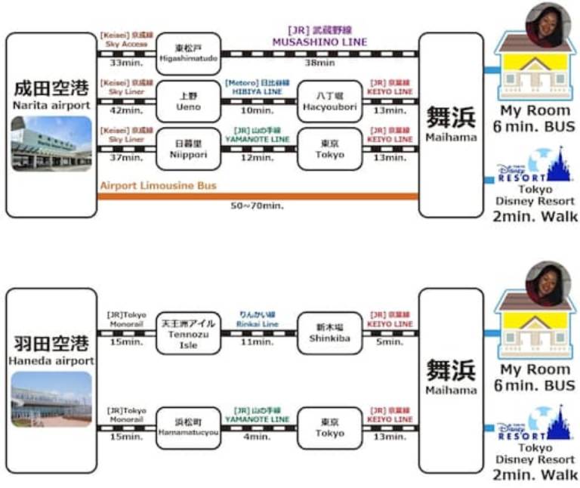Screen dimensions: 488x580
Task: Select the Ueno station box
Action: point(188,101)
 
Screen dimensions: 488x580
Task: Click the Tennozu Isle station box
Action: point(188,333)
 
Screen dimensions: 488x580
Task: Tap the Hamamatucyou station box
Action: point(188,428)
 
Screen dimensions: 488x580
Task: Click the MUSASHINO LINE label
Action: point(320,42)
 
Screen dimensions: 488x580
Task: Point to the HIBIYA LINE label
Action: point(257,91)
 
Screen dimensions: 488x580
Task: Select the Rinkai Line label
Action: point(257,323)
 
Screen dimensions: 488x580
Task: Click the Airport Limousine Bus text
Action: point(158,185)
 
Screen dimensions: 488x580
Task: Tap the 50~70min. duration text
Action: point(258,205)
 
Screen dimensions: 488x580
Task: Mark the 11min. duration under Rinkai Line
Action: point(257,342)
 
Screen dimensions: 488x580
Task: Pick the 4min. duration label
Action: point(257,437)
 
